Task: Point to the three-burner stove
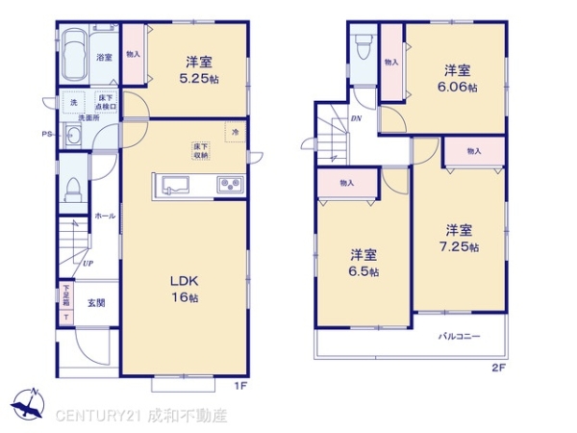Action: pyautogui.click(x=230, y=185)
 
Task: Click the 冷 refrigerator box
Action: pyautogui.click(x=234, y=130)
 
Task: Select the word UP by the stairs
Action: pyautogui.click(x=88, y=263)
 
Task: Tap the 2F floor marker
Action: pyautogui.click(x=498, y=368)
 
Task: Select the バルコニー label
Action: pyautogui.click(x=460, y=336)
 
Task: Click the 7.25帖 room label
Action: pyautogui.click(x=459, y=238)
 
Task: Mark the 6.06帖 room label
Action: pyautogui.click(x=457, y=77)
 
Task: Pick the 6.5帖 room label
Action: pyautogui.click(x=364, y=263)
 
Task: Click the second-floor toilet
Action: pyautogui.click(x=363, y=48)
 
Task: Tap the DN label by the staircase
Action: pyautogui.click(x=355, y=118)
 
